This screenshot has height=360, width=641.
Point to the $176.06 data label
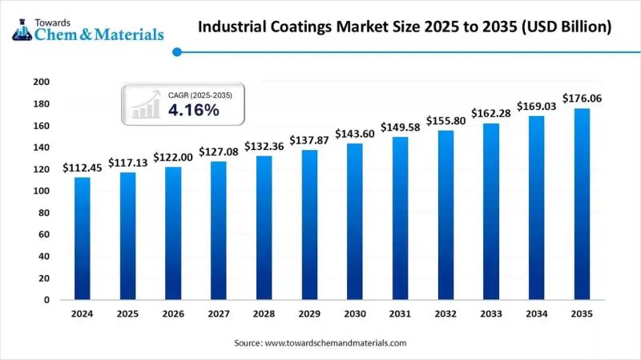click(x=583, y=98)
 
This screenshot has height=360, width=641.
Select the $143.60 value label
click(x=355, y=134)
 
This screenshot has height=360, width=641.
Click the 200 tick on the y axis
click(x=42, y=82)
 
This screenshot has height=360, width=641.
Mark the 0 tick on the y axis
click(x=46, y=300)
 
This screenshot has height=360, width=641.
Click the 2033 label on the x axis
click(x=491, y=315)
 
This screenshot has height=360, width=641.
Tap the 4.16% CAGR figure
click(x=193, y=111)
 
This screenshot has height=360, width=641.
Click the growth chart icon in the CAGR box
click(x=145, y=105)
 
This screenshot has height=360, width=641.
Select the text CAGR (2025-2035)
click(x=200, y=95)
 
